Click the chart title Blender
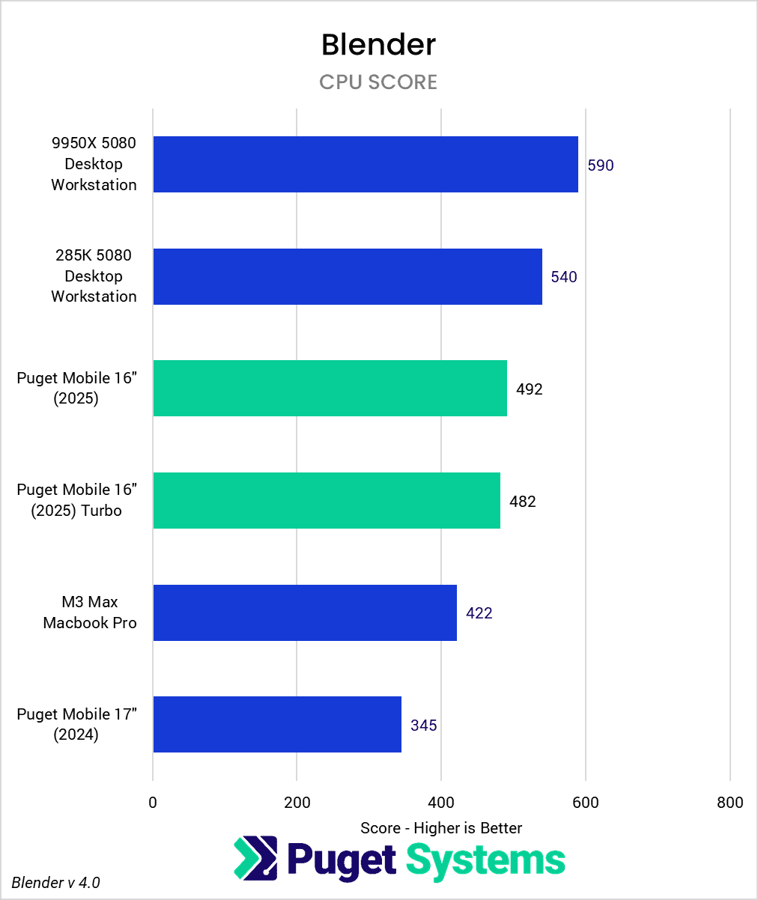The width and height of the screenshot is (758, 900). pyautogui.click(x=378, y=45)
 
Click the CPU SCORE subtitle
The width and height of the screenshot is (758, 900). pyautogui.click(x=378, y=82)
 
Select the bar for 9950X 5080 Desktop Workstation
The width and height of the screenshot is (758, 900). pyautogui.click(x=366, y=164)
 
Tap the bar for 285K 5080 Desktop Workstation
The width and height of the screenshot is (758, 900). pyautogui.click(x=348, y=276)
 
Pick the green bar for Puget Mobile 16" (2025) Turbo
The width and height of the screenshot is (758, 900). pyautogui.click(x=327, y=500)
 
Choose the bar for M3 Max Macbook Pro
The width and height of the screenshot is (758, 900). pyautogui.click(x=305, y=612)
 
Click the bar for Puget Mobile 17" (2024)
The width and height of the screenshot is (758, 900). pyautogui.click(x=277, y=724)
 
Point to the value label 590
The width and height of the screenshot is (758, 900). pyautogui.click(x=600, y=165)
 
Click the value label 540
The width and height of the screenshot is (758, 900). pyautogui.click(x=564, y=277)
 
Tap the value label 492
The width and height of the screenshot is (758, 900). pyautogui.click(x=529, y=389)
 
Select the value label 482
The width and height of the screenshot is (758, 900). pyautogui.click(x=522, y=501)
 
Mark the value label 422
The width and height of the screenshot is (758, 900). pyautogui.click(x=479, y=613)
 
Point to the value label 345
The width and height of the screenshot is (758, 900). pyautogui.click(x=423, y=725)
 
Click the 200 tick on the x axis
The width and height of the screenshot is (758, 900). pyautogui.click(x=297, y=803)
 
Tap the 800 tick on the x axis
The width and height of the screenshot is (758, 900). pyautogui.click(x=730, y=803)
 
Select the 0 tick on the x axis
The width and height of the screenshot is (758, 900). pyautogui.click(x=153, y=803)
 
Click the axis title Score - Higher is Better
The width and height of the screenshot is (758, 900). pyautogui.click(x=441, y=827)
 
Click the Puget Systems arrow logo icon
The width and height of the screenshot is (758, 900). pyautogui.click(x=255, y=858)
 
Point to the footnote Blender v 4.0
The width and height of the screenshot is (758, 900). pyautogui.click(x=56, y=883)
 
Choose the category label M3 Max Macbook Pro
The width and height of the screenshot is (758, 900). pyautogui.click(x=90, y=612)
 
